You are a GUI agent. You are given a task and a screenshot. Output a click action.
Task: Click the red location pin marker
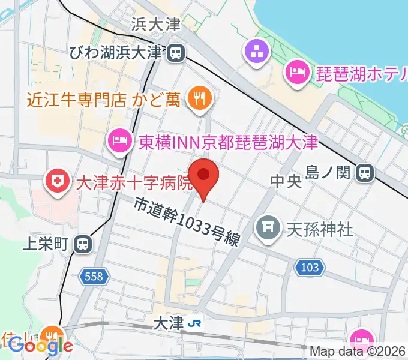point(203,175)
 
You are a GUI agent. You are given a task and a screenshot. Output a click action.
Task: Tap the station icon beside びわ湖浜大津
point(175,53)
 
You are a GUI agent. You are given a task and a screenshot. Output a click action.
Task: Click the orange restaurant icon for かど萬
point(199,97)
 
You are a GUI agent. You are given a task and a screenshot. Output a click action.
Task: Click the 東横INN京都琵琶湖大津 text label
point(228,142)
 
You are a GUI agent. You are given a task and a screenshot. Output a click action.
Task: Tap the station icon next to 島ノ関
point(364,173)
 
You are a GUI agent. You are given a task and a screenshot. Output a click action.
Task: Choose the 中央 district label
point(285,182)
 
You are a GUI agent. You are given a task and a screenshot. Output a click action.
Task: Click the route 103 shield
point(309,268)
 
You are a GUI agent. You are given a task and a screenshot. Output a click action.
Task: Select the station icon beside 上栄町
point(83,244)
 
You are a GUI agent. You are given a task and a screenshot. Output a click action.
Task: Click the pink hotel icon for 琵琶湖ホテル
point(296,73)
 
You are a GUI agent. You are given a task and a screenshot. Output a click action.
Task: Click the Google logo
point(40,346)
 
